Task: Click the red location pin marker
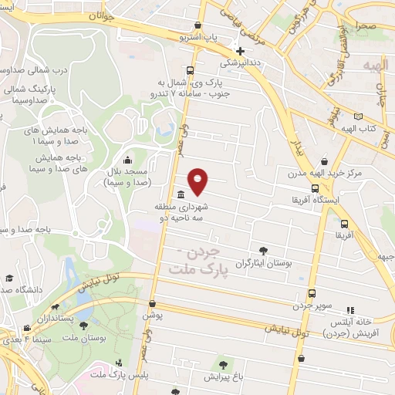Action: coord(199,181)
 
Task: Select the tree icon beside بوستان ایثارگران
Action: coord(264,250)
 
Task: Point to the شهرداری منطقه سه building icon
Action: coord(180,194)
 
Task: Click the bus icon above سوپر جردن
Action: coord(312,293)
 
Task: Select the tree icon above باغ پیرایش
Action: coord(225,364)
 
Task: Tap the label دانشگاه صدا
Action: coord(23,289)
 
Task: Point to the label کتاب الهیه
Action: coord(354,126)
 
